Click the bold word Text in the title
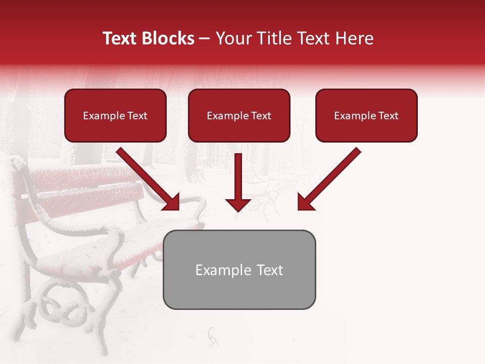click(122, 38)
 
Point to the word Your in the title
click(230, 38)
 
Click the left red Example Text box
click(115, 116)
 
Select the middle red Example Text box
click(239, 116)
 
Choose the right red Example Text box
click(366, 116)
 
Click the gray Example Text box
click(239, 269)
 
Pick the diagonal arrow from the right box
click(331, 177)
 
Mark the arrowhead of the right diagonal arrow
click(305, 202)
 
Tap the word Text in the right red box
click(388, 116)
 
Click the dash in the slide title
click(205, 38)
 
